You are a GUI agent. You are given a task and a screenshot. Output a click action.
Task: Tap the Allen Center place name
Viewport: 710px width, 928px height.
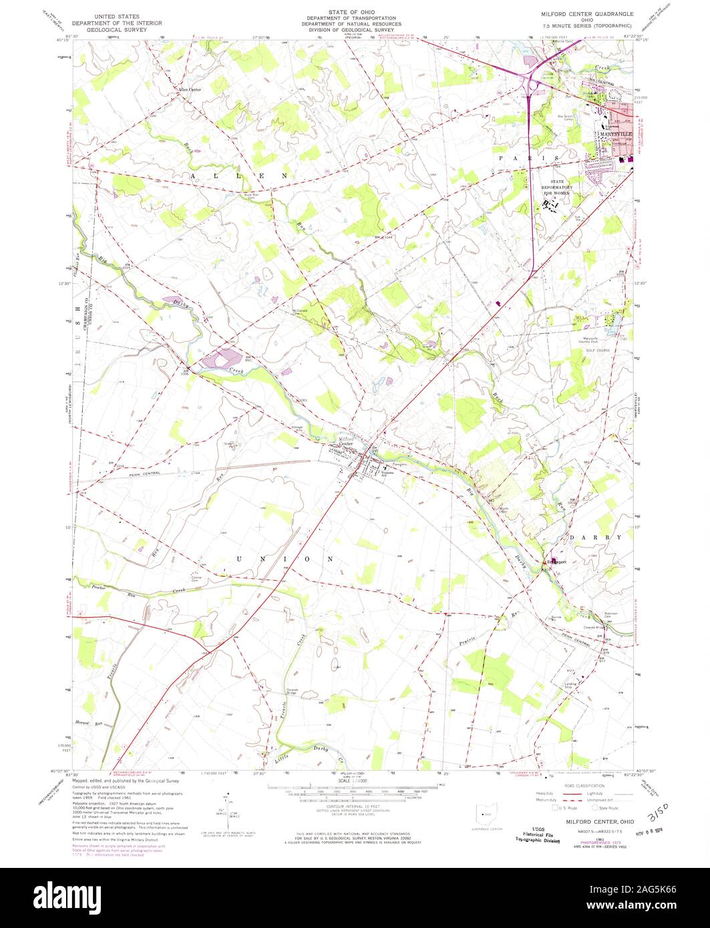pos(189,89)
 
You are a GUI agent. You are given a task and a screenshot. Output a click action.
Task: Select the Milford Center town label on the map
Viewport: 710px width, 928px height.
pos(346,441)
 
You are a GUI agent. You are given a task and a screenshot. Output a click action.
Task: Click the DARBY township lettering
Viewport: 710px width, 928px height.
pos(596,537)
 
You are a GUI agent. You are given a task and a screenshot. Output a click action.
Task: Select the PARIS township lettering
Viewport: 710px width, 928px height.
pos(527,158)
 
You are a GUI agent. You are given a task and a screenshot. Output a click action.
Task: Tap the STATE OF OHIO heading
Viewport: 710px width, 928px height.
pos(355,12)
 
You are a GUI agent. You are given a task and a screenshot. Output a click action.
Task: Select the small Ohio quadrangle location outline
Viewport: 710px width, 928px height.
pos(486,816)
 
